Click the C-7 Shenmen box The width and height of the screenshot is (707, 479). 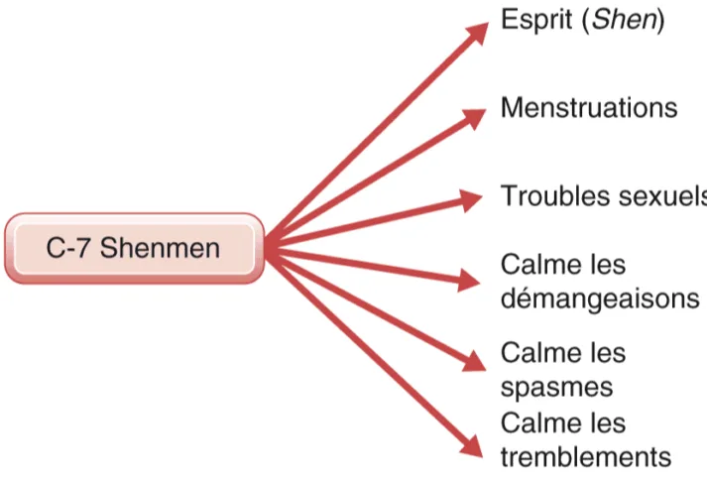click(x=134, y=247)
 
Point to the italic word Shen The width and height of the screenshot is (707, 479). click(x=625, y=20)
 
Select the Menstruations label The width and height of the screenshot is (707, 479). click(x=589, y=107)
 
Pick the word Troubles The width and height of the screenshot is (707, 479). click(x=556, y=195)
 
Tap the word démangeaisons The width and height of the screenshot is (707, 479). click(x=599, y=298)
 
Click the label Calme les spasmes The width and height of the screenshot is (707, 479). click(x=563, y=369)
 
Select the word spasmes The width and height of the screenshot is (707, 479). click(x=556, y=385)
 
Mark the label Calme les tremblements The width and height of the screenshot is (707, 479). click(x=586, y=440)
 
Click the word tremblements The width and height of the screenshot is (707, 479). click(x=586, y=456)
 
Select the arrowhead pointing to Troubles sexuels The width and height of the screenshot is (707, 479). click(x=473, y=200)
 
